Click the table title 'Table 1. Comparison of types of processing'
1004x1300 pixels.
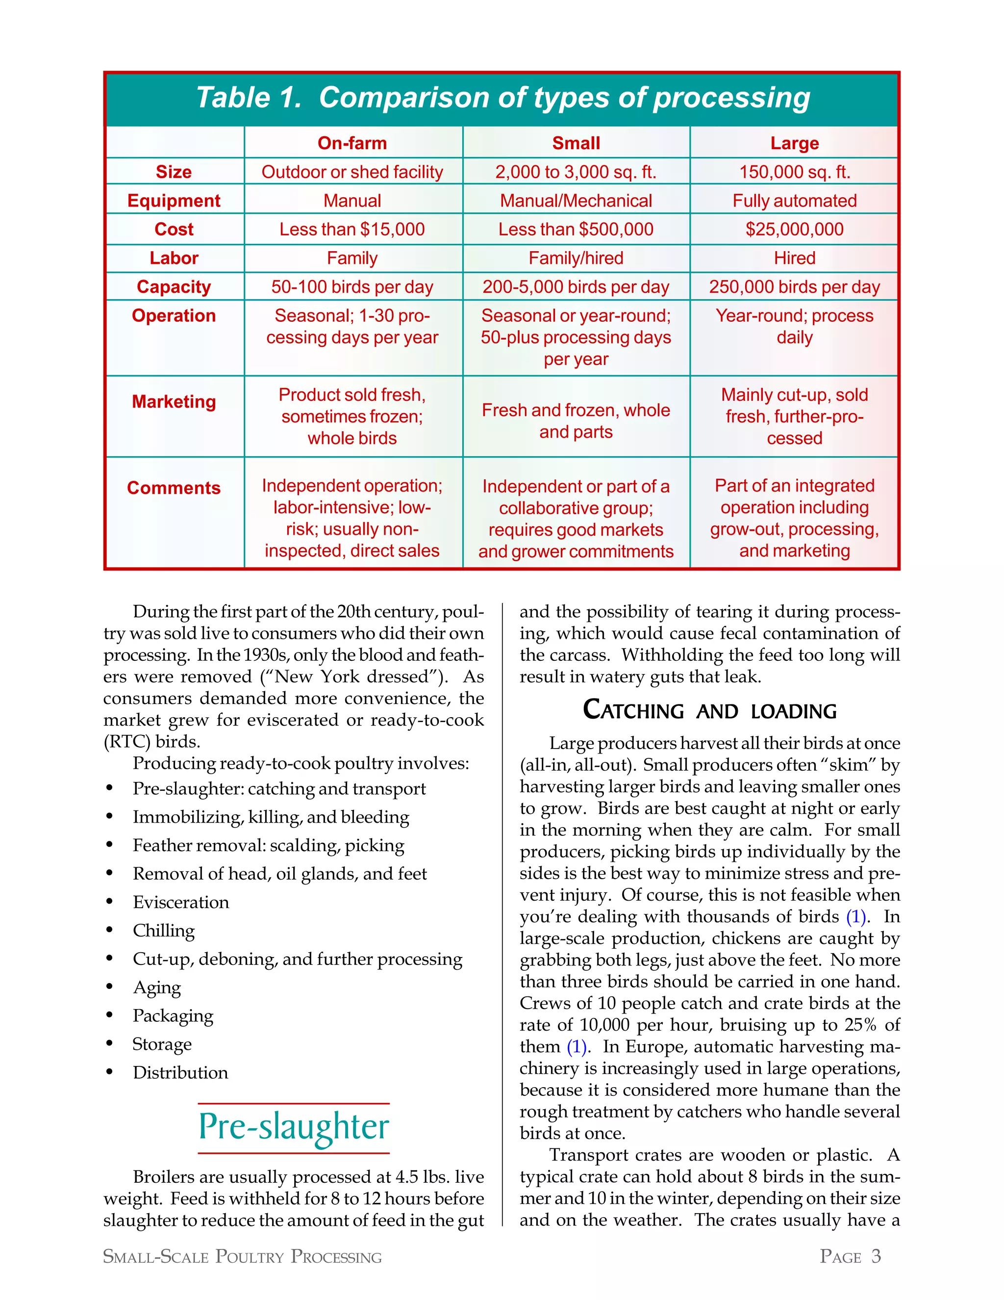(502, 98)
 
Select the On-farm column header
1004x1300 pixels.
(352, 143)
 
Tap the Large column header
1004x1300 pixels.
(794, 143)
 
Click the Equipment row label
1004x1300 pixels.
(174, 201)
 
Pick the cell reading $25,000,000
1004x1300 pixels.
(794, 229)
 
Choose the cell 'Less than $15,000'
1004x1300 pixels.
(352, 229)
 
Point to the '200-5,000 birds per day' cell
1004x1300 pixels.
(576, 287)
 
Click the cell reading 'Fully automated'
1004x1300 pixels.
(794, 201)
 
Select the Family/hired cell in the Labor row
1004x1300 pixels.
(576, 258)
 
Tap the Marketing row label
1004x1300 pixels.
(174, 402)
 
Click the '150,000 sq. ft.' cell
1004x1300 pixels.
(794, 172)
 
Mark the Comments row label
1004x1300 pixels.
(174, 488)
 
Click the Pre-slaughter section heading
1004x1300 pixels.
(294, 1127)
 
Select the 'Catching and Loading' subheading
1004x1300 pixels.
(709, 711)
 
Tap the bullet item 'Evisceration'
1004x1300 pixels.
(181, 902)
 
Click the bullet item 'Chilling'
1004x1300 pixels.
(164, 930)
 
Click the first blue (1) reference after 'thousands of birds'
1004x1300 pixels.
(855, 917)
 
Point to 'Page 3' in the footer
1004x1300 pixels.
(850, 1256)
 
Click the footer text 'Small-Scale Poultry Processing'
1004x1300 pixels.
(242, 1256)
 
